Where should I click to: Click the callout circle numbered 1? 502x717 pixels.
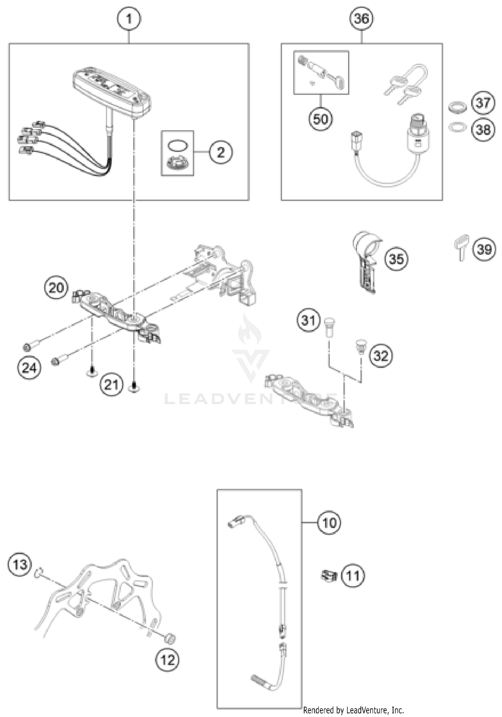(x=129, y=19)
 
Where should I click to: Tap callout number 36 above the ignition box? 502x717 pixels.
(x=361, y=19)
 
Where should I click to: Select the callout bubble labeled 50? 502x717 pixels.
(x=321, y=119)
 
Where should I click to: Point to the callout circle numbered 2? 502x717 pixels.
(x=221, y=153)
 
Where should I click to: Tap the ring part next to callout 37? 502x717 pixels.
(x=457, y=107)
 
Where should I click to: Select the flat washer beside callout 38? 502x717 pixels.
(x=457, y=127)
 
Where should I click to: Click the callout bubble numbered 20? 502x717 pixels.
(x=56, y=288)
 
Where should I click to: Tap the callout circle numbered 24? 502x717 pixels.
(x=29, y=368)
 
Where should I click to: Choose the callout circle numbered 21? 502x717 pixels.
(x=111, y=384)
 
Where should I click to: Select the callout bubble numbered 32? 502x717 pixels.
(x=381, y=356)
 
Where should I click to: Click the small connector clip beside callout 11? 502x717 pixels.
(x=329, y=576)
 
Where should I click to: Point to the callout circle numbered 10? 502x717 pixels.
(x=329, y=523)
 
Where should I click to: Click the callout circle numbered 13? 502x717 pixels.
(x=20, y=565)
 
